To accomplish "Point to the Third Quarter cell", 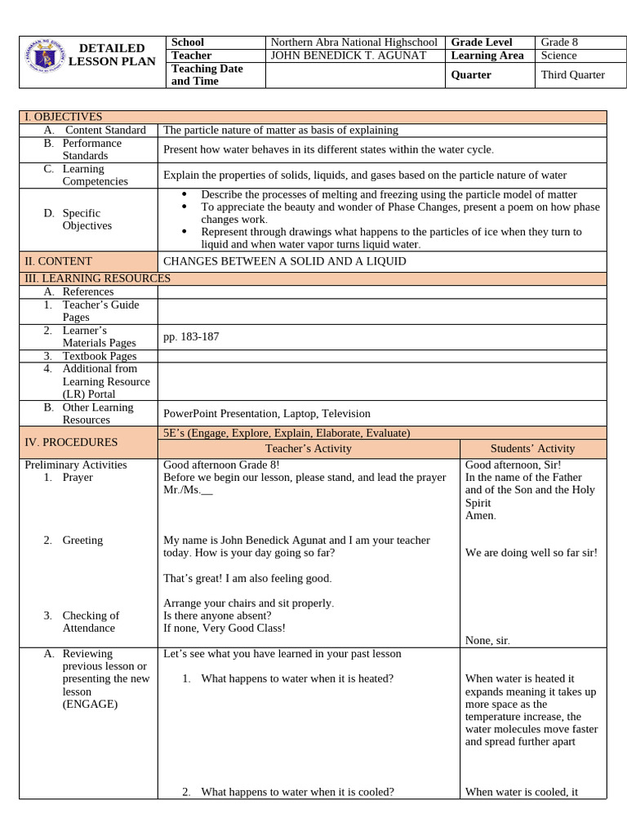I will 572,74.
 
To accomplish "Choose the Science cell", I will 558,56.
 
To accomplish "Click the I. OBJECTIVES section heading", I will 63,117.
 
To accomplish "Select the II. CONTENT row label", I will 58,261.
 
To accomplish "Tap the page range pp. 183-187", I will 191,336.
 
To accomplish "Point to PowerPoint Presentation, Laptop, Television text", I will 266,413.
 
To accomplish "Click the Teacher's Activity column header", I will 309,448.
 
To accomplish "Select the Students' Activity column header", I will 532,448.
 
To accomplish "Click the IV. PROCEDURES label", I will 70,442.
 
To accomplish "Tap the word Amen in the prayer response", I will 480,516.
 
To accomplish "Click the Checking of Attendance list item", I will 90,622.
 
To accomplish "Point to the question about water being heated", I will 297,678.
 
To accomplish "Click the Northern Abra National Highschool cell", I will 354,42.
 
